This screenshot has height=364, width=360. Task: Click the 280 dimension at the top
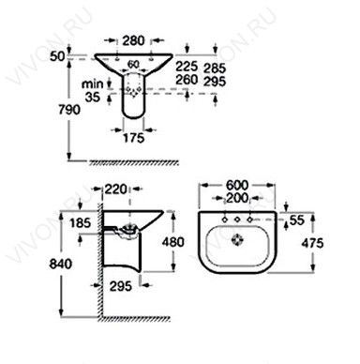click(133, 40)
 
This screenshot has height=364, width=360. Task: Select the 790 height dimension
click(69, 110)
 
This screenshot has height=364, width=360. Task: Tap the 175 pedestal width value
click(134, 138)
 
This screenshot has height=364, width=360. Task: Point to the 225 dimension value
click(187, 67)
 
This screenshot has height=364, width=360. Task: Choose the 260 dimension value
click(187, 80)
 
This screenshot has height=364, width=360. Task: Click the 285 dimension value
click(215, 68)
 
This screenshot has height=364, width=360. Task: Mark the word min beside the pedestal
click(92, 83)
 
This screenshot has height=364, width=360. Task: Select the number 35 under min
click(93, 98)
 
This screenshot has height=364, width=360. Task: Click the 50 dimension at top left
click(57, 56)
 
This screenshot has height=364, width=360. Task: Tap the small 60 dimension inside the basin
click(133, 64)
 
